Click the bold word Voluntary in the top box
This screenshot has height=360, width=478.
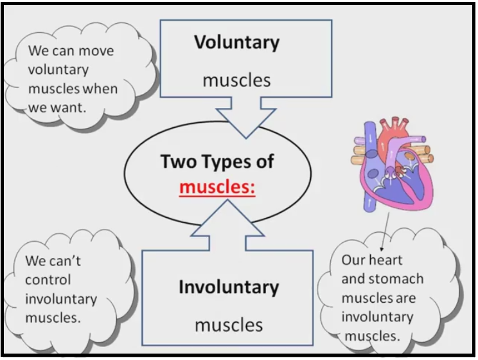click(236, 43)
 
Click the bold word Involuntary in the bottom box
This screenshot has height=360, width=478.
click(229, 287)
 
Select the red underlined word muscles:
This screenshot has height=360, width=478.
click(217, 188)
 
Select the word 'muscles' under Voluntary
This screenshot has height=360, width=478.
click(236, 80)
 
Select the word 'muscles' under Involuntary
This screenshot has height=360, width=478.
click(229, 324)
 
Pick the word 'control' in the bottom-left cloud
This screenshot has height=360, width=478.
click(48, 280)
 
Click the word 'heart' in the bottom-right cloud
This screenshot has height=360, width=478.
click(385, 260)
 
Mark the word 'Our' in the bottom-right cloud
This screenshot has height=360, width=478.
click(353, 260)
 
